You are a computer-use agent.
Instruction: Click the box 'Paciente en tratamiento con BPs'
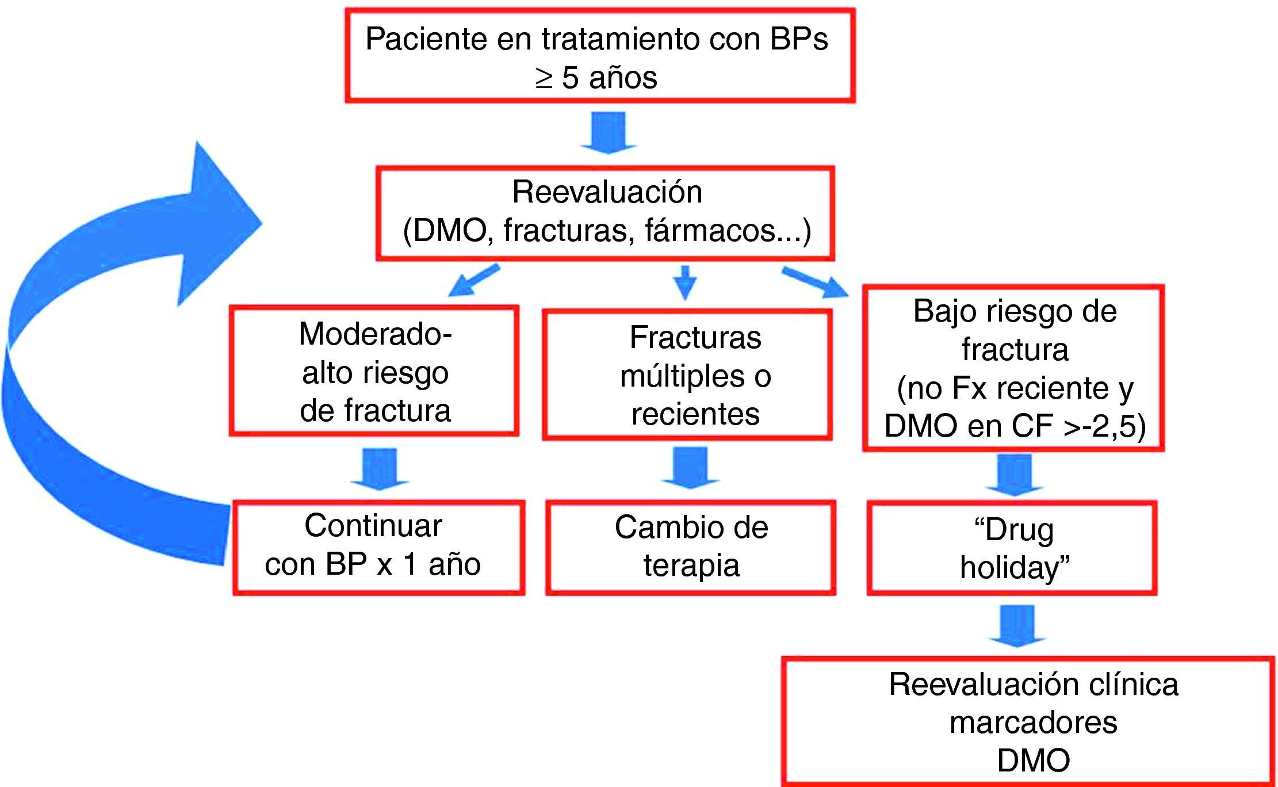tap(600, 56)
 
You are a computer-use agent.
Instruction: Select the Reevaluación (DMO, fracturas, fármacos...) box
tap(605, 213)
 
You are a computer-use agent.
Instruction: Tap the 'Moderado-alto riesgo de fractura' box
tap(374, 371)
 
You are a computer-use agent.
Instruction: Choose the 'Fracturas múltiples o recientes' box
tap(687, 375)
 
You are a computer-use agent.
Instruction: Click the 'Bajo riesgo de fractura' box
tap(1013, 367)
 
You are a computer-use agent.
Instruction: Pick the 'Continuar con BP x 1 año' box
tap(378, 547)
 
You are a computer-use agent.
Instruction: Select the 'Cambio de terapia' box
tap(690, 547)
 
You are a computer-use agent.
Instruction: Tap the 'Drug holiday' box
tap(1012, 548)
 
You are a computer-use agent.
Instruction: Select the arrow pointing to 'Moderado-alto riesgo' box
tap(473, 280)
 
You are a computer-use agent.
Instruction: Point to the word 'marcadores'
tap(1033, 723)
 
